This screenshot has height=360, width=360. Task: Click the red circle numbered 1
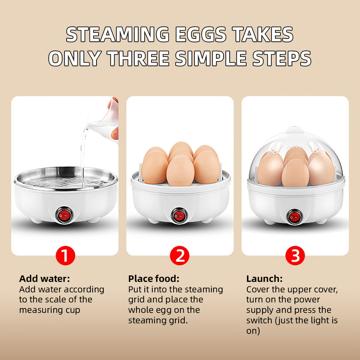click(x=66, y=256)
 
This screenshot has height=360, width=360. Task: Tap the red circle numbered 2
click(x=180, y=256)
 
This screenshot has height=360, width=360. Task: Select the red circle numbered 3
click(x=295, y=256)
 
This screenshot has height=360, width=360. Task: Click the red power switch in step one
click(x=64, y=215)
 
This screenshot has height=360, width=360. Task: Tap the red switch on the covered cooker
click(x=294, y=217)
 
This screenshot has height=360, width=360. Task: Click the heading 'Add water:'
click(x=44, y=279)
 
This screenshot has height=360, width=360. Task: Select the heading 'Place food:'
click(x=154, y=279)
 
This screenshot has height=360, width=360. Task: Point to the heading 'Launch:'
click(x=264, y=279)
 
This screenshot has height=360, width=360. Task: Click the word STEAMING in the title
click(x=118, y=35)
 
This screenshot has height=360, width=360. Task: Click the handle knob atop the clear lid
click(x=295, y=130)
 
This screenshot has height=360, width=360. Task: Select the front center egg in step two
click(x=180, y=170)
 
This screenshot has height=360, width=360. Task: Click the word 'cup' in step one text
click(x=73, y=310)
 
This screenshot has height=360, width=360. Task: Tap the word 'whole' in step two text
click(x=142, y=310)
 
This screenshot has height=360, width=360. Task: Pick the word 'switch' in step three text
click(x=259, y=320)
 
